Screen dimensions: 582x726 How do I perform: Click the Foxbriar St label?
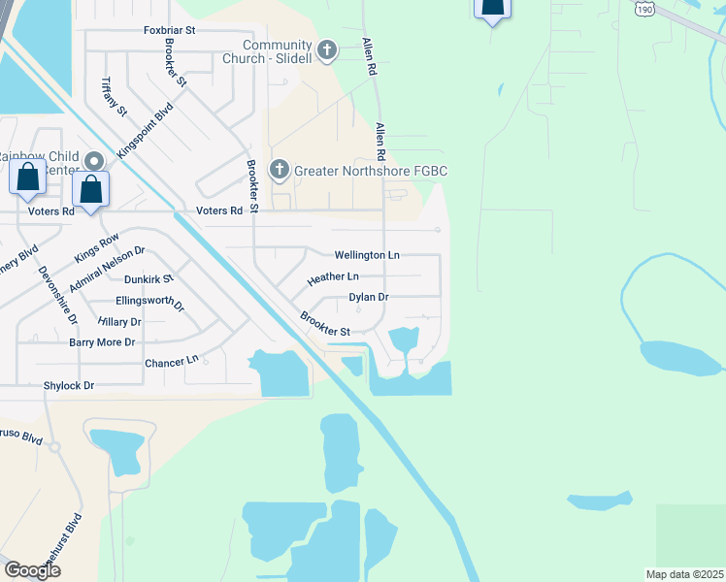tap(170, 30)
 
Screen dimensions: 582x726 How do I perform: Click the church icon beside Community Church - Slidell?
tap(327, 49)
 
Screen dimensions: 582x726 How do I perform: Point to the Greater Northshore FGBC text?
tap(371, 172)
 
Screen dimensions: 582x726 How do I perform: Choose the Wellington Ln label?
tap(367, 255)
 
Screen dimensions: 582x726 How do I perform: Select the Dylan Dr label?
tap(369, 297)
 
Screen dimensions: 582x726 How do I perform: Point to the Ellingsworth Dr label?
tap(149, 303)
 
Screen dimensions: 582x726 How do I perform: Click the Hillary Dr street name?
tap(119, 321)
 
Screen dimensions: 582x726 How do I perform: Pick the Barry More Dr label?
tap(102, 342)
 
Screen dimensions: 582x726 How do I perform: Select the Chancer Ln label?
tap(171, 361)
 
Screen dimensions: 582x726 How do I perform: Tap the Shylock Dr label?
tap(68, 385)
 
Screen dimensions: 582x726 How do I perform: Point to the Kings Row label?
tap(96, 247)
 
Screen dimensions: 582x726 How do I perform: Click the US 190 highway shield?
tap(644, 8)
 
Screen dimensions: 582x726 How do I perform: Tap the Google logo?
tap(33, 570)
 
